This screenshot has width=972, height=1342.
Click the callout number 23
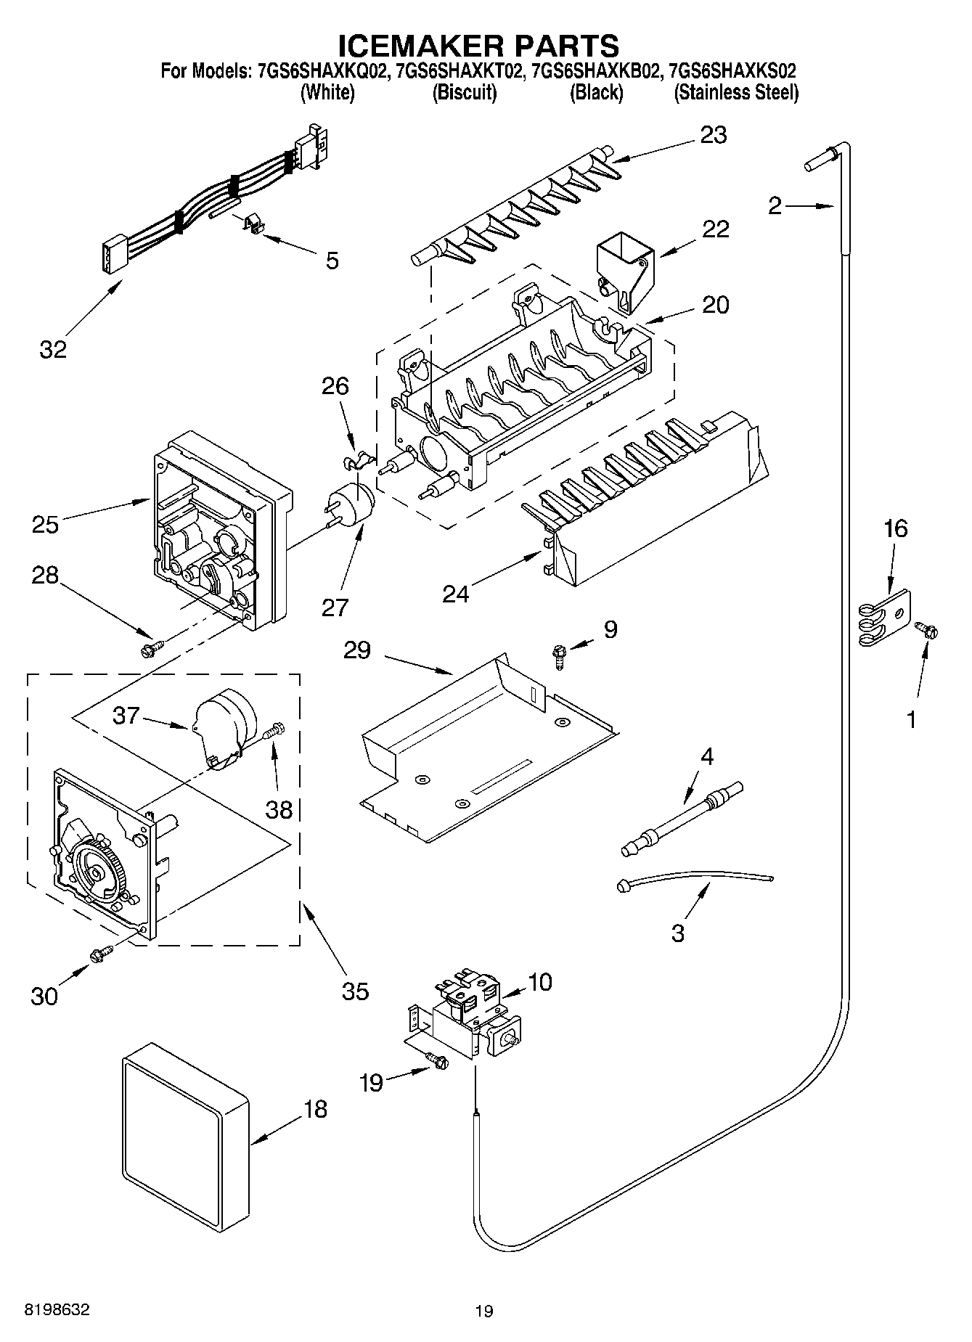713,135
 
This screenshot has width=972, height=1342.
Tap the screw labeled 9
559,657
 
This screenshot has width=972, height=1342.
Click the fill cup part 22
624,272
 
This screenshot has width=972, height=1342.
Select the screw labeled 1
925,629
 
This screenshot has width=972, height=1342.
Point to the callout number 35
355,991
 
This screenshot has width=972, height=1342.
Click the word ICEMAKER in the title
412,45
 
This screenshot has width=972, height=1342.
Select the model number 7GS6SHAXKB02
596,71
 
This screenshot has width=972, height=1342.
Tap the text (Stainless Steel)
736,93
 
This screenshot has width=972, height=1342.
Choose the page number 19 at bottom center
484,1311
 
